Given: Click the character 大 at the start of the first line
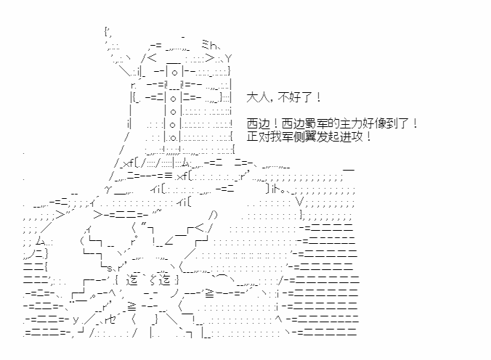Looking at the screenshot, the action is tap(252, 98).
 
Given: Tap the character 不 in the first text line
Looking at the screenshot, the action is tap(283, 98).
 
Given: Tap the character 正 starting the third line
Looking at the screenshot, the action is tap(252, 136).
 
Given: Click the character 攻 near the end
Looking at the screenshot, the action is tap(358, 136).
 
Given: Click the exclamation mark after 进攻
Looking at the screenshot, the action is tap(369, 136).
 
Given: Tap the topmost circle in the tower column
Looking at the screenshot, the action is tap(174, 73).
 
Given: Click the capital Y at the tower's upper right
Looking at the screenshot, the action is tap(228, 59).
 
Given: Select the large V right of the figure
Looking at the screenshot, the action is tap(300, 202).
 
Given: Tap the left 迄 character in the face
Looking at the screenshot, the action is tap(132, 279).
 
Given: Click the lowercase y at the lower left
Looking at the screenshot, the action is tap(76, 319).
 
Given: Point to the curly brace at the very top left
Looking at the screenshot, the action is tap(107, 32).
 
